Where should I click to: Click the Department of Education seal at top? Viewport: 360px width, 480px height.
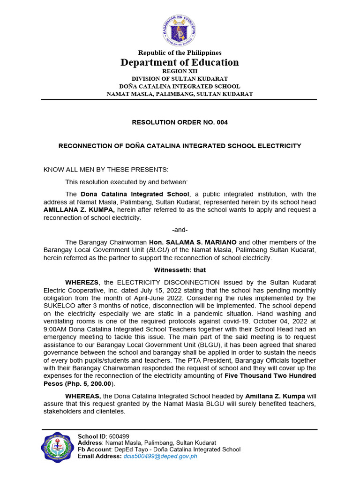click(180, 30)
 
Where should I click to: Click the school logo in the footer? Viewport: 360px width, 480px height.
click(58, 447)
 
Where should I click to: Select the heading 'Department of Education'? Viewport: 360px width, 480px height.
click(180, 62)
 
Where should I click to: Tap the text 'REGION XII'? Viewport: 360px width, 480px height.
click(180, 71)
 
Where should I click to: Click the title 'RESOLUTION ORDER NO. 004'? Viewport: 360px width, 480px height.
click(180, 122)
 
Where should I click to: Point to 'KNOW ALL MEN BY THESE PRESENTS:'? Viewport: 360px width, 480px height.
click(105, 169)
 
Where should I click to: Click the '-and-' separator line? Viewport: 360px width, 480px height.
click(180, 230)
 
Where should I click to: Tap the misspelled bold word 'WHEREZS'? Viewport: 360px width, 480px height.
click(82, 283)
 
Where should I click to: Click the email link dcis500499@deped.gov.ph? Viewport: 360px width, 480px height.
click(160, 457)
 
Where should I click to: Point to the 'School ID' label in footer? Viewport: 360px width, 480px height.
click(91, 436)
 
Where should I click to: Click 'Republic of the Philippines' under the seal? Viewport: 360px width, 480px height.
click(180, 53)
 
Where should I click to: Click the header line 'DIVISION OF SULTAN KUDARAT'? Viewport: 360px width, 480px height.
click(180, 79)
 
